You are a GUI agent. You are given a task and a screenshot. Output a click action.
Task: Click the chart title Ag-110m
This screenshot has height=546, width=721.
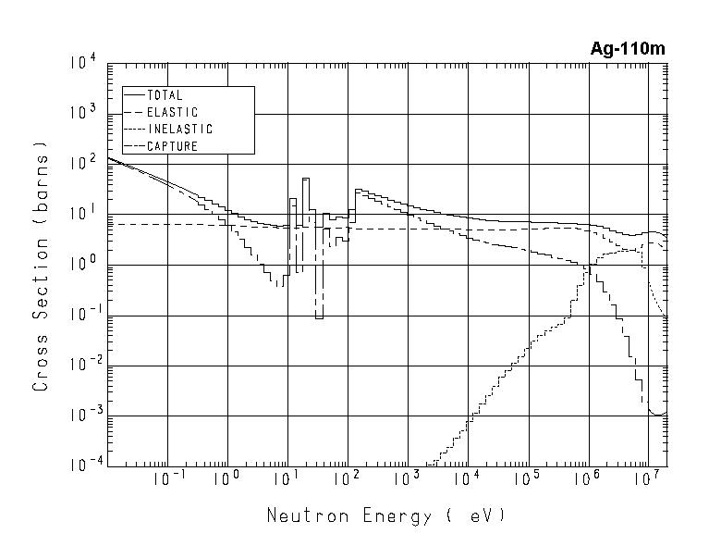628,49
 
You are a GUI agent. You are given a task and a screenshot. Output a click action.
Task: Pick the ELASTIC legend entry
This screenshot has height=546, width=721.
172,112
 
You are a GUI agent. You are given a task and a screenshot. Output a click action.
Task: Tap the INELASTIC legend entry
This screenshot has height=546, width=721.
179,129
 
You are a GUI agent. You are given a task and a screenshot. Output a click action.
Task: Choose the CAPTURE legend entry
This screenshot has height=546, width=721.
172,145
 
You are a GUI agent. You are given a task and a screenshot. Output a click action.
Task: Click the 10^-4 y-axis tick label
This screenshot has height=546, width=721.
83,465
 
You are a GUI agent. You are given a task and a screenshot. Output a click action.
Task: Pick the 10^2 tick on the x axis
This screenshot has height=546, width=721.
346,478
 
